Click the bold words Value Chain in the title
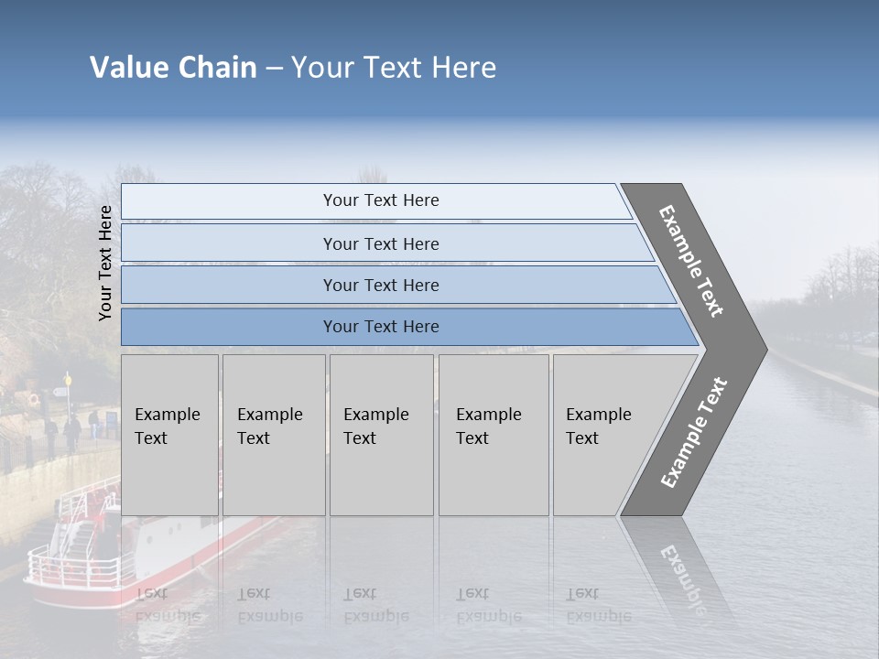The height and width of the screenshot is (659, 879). click(173, 68)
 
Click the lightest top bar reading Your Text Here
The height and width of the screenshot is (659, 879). click(380, 200)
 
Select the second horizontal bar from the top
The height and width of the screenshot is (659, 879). click(380, 243)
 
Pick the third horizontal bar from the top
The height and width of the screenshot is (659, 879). click(380, 285)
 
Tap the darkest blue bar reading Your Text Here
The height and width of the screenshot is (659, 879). click(380, 327)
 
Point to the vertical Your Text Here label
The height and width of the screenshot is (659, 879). click(105, 263)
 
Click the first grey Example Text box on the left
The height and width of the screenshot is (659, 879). click(168, 435)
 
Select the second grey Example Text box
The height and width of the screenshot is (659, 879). click(273, 435)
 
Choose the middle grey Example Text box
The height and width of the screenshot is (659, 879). click(380, 435)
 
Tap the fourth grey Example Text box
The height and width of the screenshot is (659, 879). click(493, 435)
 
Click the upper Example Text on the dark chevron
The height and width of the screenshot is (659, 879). click(691, 261)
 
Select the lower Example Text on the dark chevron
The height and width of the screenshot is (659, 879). click(693, 432)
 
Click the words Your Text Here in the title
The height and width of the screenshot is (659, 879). click(394, 68)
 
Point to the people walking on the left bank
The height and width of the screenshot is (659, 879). click(71, 430)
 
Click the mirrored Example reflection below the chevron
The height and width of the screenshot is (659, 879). click(682, 577)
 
